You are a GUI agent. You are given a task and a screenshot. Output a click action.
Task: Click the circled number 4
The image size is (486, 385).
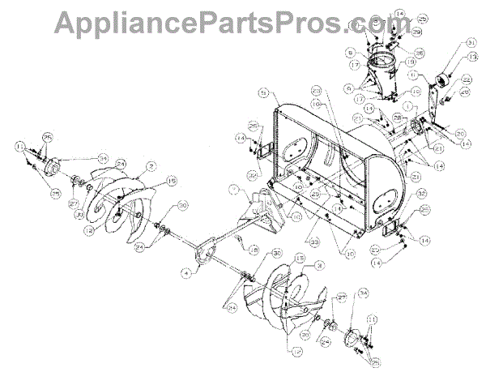point(185,274)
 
